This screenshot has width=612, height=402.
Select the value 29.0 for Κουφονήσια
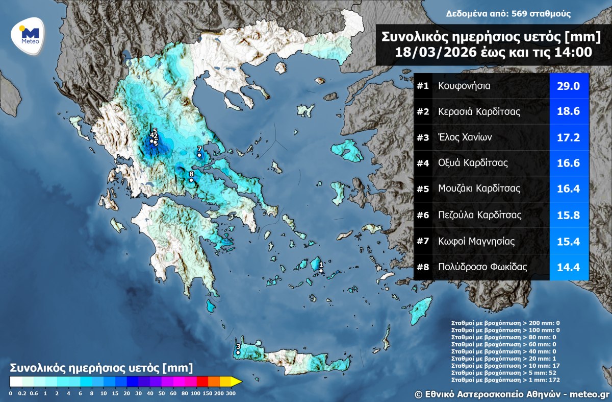(568, 86)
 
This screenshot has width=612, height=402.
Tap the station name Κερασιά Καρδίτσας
(479, 112)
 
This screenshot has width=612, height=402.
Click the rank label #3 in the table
(422, 137)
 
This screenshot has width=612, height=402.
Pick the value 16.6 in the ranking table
(568, 163)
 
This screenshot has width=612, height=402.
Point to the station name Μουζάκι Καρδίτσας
(479, 188)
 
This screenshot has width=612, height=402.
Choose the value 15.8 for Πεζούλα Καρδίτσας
(568, 215)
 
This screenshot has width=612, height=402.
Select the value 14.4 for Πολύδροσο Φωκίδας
(568, 267)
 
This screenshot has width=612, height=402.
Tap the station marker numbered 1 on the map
(321, 265)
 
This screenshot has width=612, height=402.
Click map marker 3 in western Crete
(238, 352)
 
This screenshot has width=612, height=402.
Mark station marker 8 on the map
(191, 180)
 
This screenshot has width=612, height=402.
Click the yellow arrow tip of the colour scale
(237, 381)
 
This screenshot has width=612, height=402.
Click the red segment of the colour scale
(202, 381)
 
